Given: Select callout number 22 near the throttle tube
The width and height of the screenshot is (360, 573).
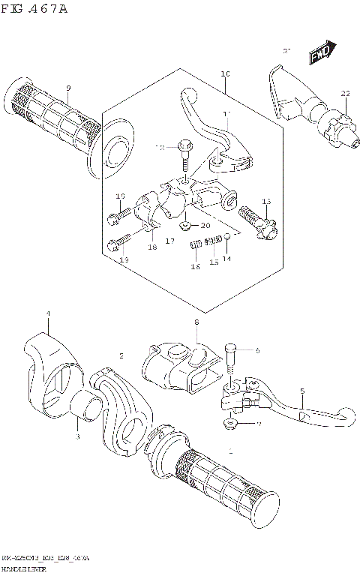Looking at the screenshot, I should coord(345,94).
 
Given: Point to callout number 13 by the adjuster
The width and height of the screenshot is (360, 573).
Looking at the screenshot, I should coord(265,201).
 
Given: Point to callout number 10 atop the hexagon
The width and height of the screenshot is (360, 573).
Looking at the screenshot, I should coord(225,73).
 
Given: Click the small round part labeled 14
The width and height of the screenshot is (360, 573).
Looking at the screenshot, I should coord(227,238).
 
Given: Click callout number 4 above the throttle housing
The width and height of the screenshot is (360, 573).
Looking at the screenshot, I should coord(47,313).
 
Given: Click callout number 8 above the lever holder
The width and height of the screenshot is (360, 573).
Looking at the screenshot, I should coord(196,323).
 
